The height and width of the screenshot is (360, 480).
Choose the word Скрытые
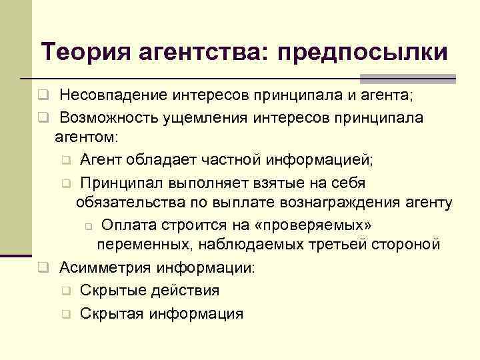pyautogui.click(x=107, y=290)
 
